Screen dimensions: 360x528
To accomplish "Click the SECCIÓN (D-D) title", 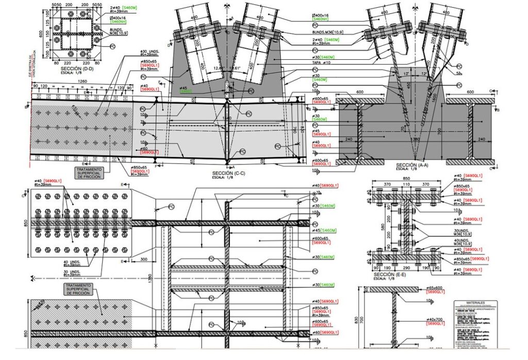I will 77,68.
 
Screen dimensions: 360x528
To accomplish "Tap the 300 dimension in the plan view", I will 143,258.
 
